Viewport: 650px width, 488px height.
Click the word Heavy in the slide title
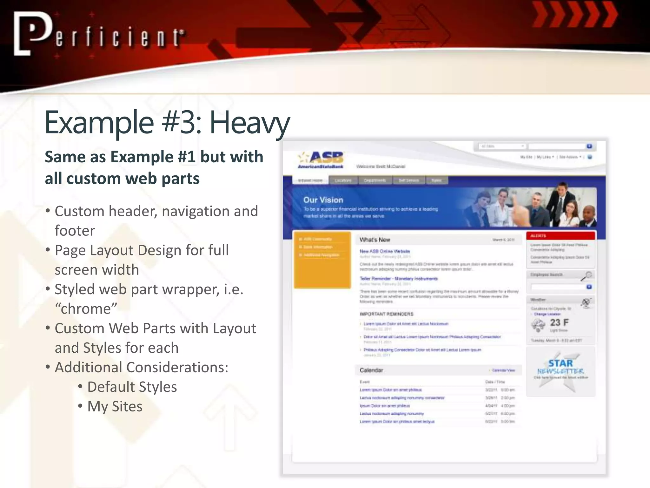pyautogui.click(x=249, y=123)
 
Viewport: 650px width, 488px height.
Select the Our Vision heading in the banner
pyautogui.click(x=323, y=200)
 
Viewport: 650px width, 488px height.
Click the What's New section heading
pyautogui.click(x=375, y=240)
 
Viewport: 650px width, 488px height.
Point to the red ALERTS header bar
pyautogui.click(x=560, y=236)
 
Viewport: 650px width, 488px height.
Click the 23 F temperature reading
pyautogui.click(x=559, y=322)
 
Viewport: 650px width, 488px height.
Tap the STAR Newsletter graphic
pyautogui.click(x=560, y=369)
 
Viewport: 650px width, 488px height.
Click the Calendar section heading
pyautogui.click(x=371, y=370)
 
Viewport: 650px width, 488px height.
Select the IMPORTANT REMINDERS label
pyautogui.click(x=386, y=314)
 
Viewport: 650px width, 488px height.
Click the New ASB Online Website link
pyautogui.click(x=385, y=251)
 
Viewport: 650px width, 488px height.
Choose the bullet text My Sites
pyautogui.click(x=115, y=406)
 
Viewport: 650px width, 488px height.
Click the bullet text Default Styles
pyautogui.click(x=132, y=387)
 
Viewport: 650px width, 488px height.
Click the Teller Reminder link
pyautogui.click(x=398, y=279)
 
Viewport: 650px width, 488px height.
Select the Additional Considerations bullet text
pyautogui.click(x=141, y=368)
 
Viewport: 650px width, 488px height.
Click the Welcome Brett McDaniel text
pyautogui.click(x=381, y=166)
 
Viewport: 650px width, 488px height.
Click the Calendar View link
pyautogui.click(x=503, y=370)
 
